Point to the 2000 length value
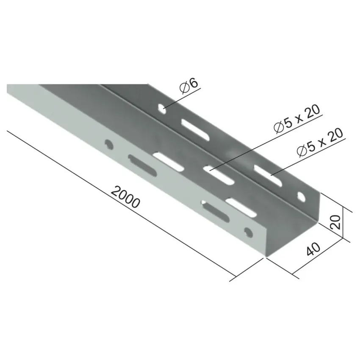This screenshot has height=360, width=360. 125,197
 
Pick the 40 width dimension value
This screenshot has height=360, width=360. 313,249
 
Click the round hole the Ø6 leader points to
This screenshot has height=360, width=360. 162,109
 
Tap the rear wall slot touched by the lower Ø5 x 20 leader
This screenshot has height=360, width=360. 268,175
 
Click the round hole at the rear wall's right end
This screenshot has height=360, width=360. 302,197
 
